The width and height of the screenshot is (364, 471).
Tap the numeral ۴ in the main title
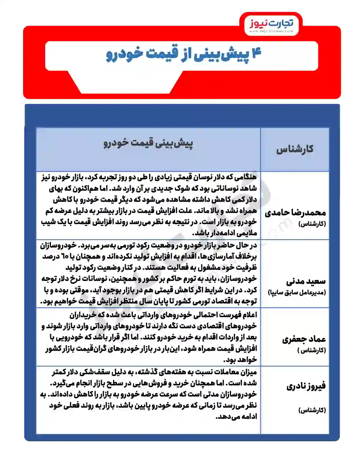(x=256, y=54)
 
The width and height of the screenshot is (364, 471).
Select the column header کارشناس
(x=295, y=149)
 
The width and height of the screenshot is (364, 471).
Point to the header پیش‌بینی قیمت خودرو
(x=148, y=143)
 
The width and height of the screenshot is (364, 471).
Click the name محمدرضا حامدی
(x=295, y=213)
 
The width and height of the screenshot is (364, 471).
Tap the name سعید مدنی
(x=306, y=281)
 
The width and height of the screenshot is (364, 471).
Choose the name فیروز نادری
(x=306, y=386)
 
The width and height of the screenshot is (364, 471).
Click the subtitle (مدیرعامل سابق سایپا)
(x=297, y=293)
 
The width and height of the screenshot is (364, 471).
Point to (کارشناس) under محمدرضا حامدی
(x=312, y=224)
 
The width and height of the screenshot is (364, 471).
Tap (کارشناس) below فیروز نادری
(x=312, y=410)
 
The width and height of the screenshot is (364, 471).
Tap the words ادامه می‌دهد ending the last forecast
(x=236, y=417)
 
